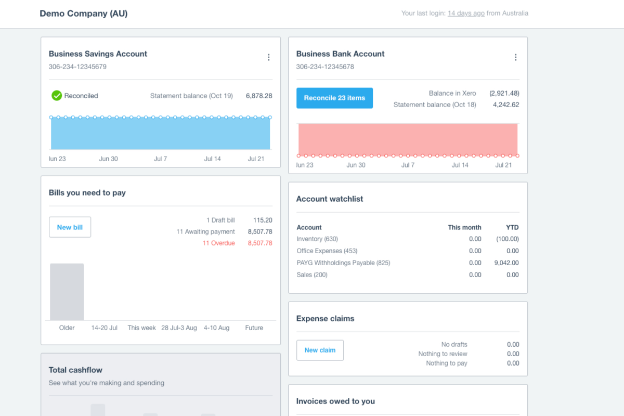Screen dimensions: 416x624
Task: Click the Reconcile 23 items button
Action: (x=334, y=98)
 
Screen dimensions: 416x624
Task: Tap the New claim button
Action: (x=320, y=350)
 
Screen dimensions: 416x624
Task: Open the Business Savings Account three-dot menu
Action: (x=268, y=57)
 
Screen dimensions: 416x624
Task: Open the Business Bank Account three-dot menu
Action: (x=515, y=57)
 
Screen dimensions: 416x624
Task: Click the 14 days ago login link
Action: (x=466, y=14)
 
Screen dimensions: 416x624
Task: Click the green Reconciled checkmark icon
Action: (x=57, y=96)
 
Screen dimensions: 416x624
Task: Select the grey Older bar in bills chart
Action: (x=67, y=292)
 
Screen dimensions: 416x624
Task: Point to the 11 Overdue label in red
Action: (x=218, y=243)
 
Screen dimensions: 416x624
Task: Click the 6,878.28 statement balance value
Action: (x=259, y=96)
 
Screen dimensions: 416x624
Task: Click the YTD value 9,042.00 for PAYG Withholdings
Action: (x=506, y=263)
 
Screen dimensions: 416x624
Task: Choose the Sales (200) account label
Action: (x=312, y=275)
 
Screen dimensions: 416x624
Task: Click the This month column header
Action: (x=464, y=227)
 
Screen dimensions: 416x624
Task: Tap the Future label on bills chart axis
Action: (x=254, y=328)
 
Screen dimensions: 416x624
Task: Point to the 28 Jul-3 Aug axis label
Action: (x=179, y=328)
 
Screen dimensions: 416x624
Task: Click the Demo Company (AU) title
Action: (x=84, y=14)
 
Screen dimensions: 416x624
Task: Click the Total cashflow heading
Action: (x=75, y=370)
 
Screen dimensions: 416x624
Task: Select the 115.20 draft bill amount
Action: (x=263, y=220)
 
